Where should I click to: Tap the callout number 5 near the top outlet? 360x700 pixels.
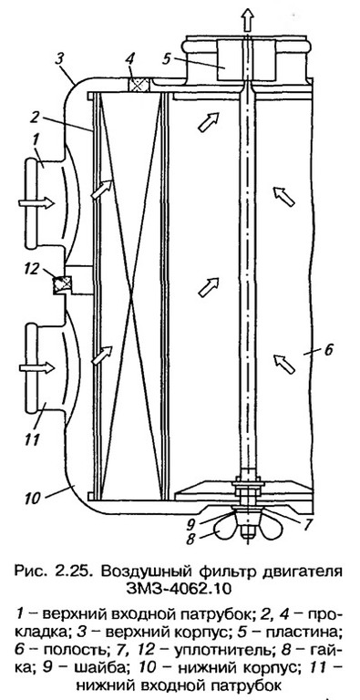pos(168,58)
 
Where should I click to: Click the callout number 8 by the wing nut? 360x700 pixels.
pos(191,540)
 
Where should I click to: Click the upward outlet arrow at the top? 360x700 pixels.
pos(248,20)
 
